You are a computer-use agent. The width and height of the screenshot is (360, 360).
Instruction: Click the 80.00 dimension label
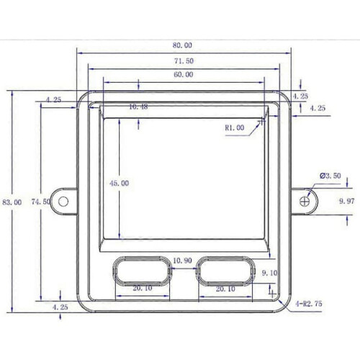(x=182, y=45)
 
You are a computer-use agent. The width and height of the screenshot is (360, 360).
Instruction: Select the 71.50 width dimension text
(x=184, y=61)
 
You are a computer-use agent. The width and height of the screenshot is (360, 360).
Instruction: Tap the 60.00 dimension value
(x=184, y=74)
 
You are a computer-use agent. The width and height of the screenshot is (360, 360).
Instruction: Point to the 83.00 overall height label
(x=12, y=202)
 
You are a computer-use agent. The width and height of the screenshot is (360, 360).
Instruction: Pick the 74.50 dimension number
(x=41, y=202)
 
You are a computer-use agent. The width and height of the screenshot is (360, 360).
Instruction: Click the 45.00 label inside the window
(x=120, y=184)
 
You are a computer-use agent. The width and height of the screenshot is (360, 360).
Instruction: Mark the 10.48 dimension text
(x=138, y=107)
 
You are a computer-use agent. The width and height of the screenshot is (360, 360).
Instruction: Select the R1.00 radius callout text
(x=235, y=127)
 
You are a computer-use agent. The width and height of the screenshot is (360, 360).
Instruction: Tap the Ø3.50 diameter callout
(x=330, y=176)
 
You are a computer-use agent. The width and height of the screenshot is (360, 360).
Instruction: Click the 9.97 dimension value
(x=347, y=201)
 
